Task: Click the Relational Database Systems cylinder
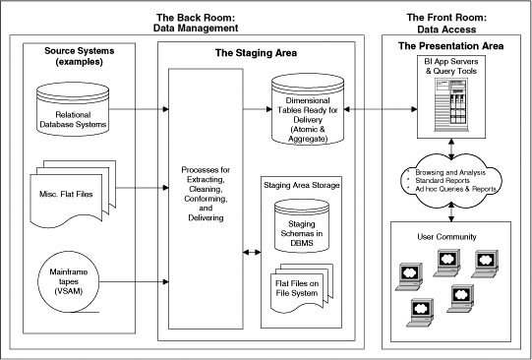73,108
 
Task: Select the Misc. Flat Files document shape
73,194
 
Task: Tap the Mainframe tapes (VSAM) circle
69,281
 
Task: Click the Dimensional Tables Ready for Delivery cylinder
308,109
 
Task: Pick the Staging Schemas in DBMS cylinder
302,226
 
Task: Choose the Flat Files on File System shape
302,288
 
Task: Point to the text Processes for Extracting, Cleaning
206,179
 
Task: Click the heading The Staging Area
256,53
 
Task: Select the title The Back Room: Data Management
196,23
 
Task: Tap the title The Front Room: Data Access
446,23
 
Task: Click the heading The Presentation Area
451,46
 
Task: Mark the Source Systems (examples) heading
80,56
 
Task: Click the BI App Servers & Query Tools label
451,66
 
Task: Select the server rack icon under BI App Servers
451,105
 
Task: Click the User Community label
446,236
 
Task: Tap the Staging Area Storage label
302,185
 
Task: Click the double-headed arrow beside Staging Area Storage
252,252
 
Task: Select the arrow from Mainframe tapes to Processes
135,281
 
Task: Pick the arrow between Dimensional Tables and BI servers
381,109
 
